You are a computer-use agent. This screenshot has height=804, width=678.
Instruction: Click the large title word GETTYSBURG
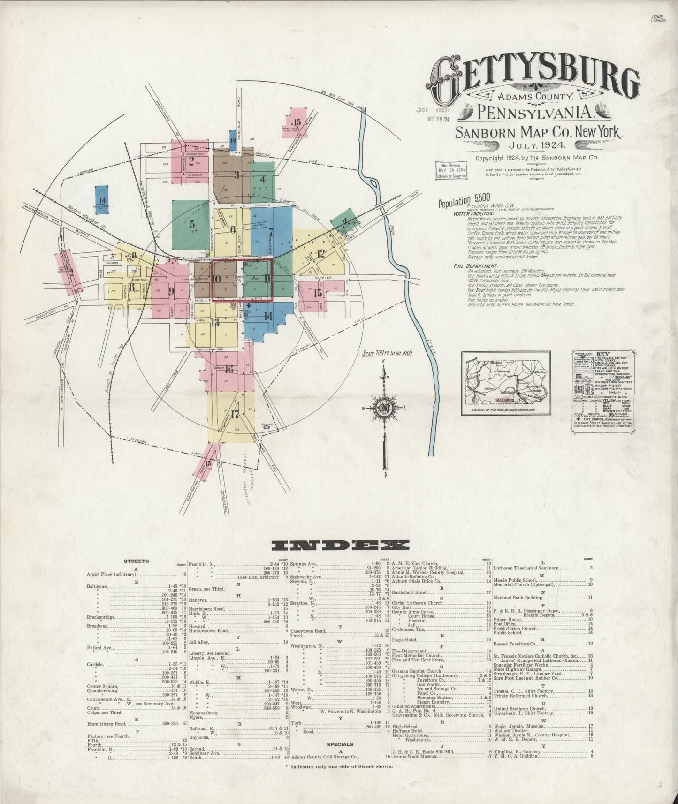[x=533, y=79]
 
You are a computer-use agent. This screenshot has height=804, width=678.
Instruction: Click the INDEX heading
[x=340, y=545]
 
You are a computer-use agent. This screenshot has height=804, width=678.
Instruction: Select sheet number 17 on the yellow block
[x=235, y=415]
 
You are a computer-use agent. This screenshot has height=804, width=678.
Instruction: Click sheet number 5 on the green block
[x=192, y=225]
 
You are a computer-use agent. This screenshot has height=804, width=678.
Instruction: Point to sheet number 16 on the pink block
[x=229, y=369]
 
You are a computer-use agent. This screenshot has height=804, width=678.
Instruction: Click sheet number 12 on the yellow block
[x=320, y=254]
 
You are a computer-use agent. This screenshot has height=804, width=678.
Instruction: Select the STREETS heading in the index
[x=137, y=561]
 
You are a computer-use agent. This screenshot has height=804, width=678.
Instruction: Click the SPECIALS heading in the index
[x=341, y=744]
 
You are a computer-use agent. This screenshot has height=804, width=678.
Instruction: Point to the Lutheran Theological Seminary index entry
[x=526, y=568]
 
